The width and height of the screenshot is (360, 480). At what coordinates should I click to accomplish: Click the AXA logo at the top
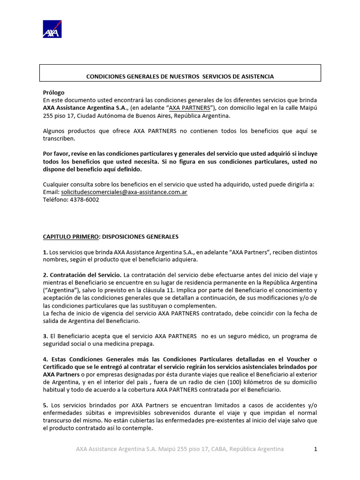click(52, 29)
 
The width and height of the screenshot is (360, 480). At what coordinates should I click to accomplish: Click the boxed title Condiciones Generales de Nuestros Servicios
click(180, 76)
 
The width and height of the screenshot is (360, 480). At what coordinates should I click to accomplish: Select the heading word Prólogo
click(53, 92)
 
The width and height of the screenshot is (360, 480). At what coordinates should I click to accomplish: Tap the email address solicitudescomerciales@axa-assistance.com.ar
click(124, 192)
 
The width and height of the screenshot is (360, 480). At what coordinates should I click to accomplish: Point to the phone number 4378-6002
click(85, 199)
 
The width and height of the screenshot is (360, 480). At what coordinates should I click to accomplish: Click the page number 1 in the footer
click(315, 449)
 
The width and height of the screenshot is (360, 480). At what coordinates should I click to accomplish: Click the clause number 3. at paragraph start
click(45, 336)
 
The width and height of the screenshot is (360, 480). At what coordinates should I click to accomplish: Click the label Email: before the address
click(51, 192)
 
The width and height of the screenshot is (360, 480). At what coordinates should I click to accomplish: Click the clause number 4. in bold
click(45, 359)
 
